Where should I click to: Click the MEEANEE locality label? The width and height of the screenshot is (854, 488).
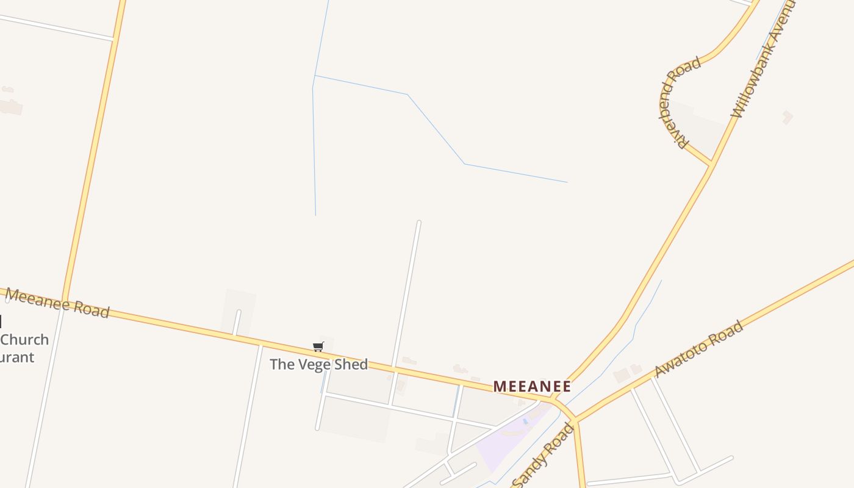[532, 386]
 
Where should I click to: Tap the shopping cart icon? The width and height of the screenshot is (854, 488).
[318, 347]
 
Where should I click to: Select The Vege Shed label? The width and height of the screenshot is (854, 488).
[318, 364]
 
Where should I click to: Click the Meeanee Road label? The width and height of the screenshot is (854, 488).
[57, 303]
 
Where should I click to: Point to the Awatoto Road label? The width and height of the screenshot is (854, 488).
[698, 349]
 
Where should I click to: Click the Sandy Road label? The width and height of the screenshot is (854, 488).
[544, 455]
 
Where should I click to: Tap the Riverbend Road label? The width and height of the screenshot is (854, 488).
[678, 102]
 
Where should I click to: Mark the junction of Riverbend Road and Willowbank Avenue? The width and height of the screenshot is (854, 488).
[711, 164]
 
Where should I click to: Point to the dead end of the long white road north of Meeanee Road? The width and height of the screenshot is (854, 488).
[418, 223]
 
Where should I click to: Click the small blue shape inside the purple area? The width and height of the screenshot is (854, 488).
[525, 422]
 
